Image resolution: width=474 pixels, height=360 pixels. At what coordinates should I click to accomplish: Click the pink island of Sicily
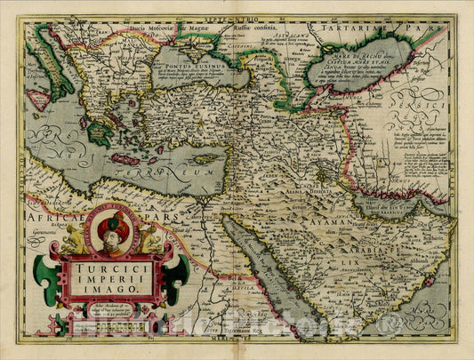(x=38, y=99)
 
